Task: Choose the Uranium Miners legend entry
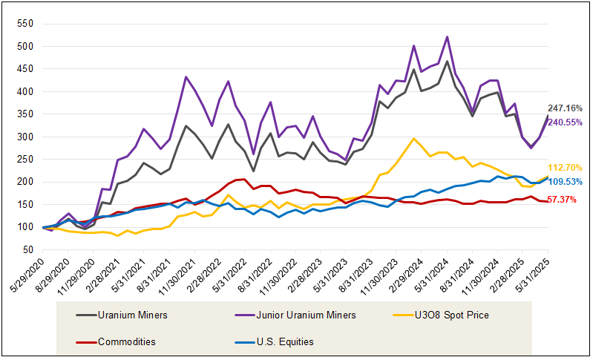tap(122, 315)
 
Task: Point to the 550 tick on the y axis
tap(27, 24)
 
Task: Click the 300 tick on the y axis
tap(27, 137)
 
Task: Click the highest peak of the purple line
tap(447, 36)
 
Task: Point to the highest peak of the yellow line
tap(413, 138)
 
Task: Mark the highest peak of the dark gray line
tap(447, 61)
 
